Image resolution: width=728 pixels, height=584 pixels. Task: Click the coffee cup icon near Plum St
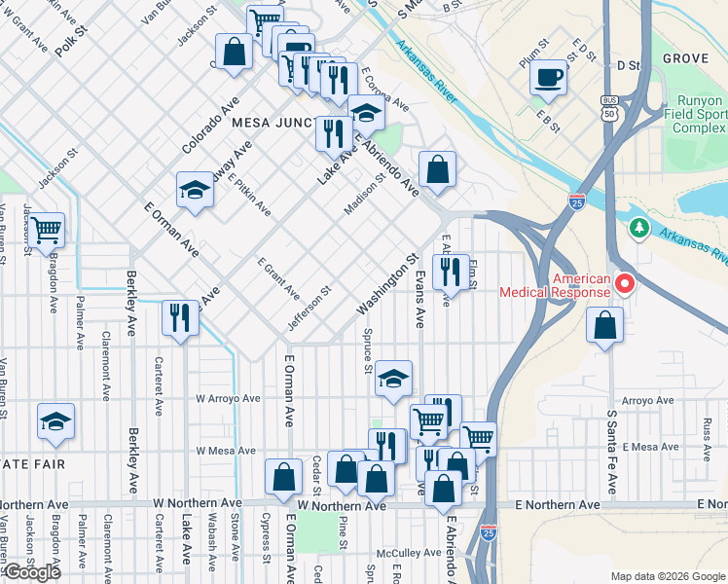pyautogui.click(x=549, y=76)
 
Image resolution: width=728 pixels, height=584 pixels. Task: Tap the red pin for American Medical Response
pyautogui.click(x=624, y=284)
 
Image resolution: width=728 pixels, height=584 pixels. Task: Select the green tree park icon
pyautogui.click(x=638, y=228)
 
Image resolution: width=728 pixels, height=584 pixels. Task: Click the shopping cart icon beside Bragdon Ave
pyautogui.click(x=46, y=231)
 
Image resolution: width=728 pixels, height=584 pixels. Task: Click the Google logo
pyautogui.click(x=31, y=571)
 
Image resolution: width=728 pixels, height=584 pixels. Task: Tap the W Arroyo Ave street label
pyautogui.click(x=228, y=398)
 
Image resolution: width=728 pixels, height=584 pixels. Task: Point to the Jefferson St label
pyautogui.click(x=310, y=306)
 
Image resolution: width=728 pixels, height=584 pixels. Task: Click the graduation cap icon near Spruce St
pyautogui.click(x=392, y=379)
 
